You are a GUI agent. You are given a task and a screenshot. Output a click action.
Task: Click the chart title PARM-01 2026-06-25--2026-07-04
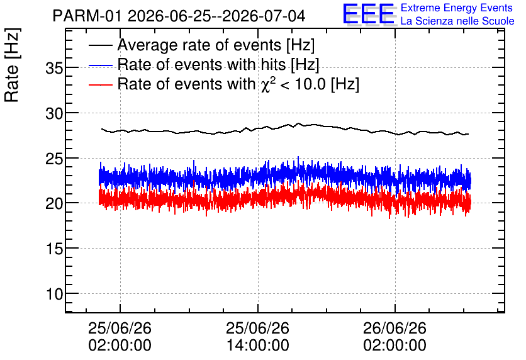[x=179, y=16]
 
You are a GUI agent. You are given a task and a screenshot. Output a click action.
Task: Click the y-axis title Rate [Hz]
[x=12, y=65]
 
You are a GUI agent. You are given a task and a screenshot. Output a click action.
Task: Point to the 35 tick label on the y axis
[x=54, y=69]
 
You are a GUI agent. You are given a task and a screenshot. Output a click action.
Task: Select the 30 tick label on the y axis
[x=54, y=114]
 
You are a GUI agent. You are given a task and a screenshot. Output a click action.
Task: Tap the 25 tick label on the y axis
[x=54, y=159]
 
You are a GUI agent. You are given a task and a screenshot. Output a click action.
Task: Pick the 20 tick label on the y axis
[x=54, y=203]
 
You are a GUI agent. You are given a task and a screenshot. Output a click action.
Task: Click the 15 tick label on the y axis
[x=54, y=249]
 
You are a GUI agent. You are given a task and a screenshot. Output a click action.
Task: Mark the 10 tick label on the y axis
[x=54, y=295]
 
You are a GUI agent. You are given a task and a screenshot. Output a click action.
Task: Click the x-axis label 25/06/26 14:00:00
[x=257, y=337]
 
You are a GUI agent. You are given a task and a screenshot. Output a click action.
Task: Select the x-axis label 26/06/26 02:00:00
[x=395, y=337]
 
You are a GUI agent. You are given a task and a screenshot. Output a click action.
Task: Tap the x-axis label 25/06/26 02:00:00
[x=120, y=337]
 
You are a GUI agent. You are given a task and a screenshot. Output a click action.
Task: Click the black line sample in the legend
[x=101, y=45]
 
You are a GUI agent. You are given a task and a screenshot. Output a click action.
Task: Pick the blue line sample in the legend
[x=101, y=65]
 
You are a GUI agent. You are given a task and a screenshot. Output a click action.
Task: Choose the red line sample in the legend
[x=101, y=84]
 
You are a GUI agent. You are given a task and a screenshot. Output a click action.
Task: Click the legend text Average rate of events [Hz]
[x=216, y=45]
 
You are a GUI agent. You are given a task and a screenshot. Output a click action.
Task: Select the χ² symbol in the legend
[x=268, y=84]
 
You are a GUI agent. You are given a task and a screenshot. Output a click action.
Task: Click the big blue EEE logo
[x=368, y=14]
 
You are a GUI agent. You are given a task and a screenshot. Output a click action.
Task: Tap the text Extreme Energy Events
[x=457, y=8]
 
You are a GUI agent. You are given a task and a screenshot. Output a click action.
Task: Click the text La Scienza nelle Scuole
[x=457, y=21]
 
